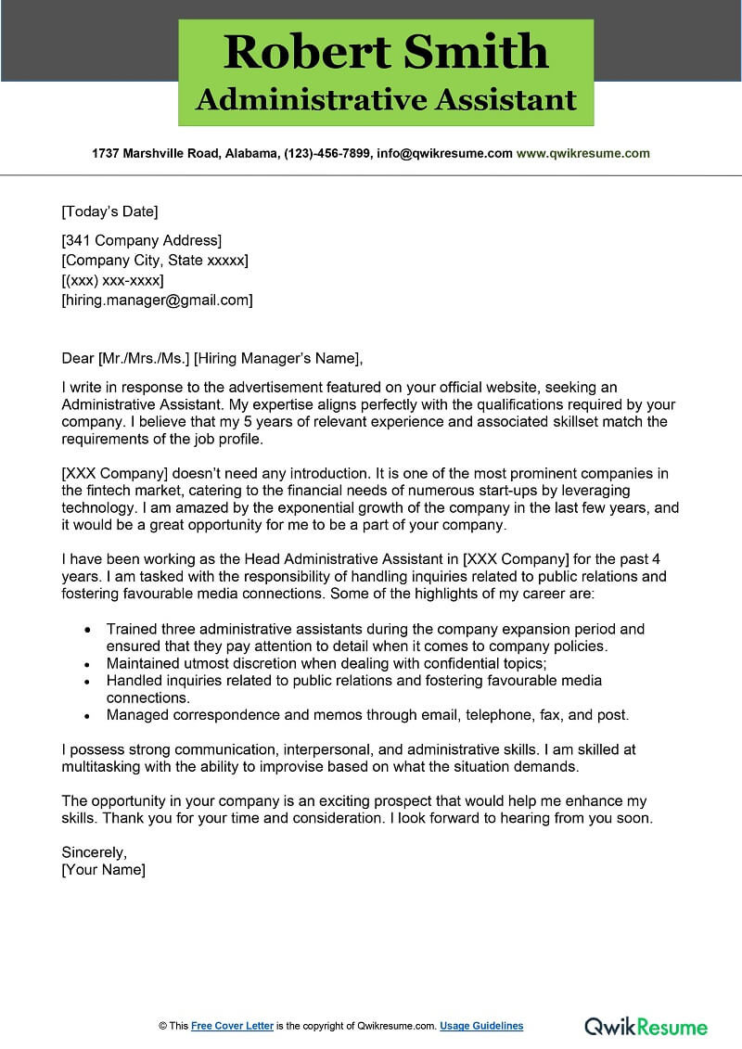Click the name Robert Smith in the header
[x=385, y=51]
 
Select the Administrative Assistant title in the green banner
[x=385, y=100]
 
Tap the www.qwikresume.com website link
[x=582, y=153]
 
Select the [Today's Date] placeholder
[x=109, y=211]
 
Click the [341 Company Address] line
[x=141, y=241]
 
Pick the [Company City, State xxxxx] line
[x=154, y=261]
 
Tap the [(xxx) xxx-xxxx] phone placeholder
[x=112, y=280]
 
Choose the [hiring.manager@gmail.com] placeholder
[x=157, y=300]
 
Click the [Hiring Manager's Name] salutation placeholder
[x=277, y=358]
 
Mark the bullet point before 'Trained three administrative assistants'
[x=87, y=630]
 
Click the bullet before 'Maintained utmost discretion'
[x=87, y=664]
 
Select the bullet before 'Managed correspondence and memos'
[x=87, y=716]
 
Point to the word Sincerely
[x=94, y=851]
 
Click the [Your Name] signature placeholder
[x=103, y=870]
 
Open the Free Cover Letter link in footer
[x=232, y=1026]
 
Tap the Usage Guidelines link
[x=481, y=1026]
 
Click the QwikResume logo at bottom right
[x=646, y=1026]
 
